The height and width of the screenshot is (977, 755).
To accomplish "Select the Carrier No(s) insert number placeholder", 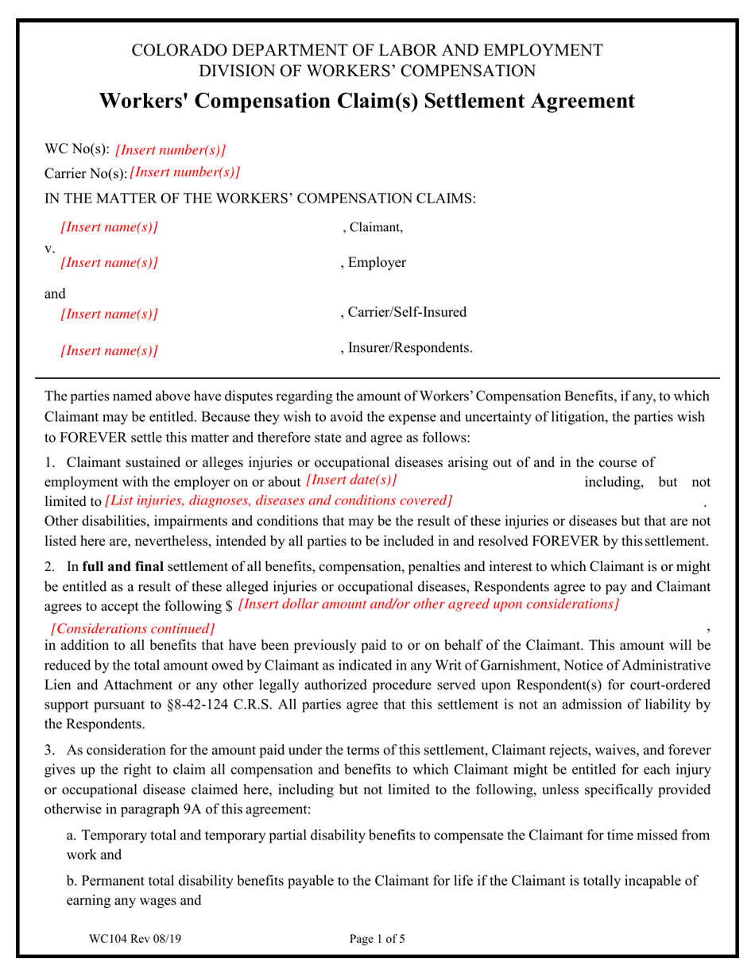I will pos(184,172).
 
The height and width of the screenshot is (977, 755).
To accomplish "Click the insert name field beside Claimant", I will pos(109,228).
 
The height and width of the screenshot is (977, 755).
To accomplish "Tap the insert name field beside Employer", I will pos(109,263).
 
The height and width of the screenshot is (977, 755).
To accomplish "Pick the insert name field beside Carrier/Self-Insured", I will pos(109,315).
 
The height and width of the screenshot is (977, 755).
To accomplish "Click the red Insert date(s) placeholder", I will pos(350,480).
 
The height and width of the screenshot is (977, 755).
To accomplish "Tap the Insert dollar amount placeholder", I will pos(428,604).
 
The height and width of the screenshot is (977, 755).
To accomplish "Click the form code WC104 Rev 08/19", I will pos(136,939).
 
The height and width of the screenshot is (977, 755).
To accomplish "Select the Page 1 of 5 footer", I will pos(377,939).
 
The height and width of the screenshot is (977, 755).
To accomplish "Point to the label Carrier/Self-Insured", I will pos(403,313).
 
